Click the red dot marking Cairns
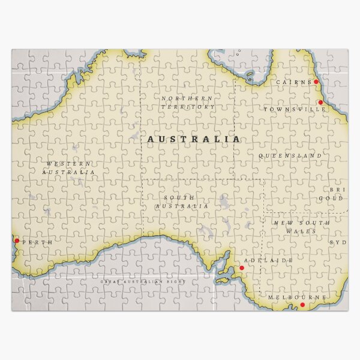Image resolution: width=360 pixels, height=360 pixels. point(316,82)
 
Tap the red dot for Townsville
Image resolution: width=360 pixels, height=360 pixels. point(320,103)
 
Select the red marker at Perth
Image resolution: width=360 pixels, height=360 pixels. point(17,241)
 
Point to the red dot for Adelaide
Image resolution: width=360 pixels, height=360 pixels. point(242,268)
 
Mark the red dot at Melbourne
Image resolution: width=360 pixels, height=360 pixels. point(302,305)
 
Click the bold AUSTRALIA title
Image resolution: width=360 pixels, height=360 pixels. point(194,139)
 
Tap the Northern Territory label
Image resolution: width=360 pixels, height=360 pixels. point(187,102)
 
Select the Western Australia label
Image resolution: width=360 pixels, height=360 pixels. point(69,167)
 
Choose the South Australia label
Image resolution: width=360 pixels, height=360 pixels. point(182,202)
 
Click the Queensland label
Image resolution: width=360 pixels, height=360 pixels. point(290,156)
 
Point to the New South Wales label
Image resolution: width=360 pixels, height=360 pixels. point(302,227)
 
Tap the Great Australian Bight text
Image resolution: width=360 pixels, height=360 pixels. point(143,281)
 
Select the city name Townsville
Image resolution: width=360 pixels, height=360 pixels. point(287,110)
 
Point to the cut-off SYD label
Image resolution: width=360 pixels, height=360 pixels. point(339,242)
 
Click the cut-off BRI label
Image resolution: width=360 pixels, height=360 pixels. point(341,190)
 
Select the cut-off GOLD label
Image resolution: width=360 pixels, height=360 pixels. point(331,199)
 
